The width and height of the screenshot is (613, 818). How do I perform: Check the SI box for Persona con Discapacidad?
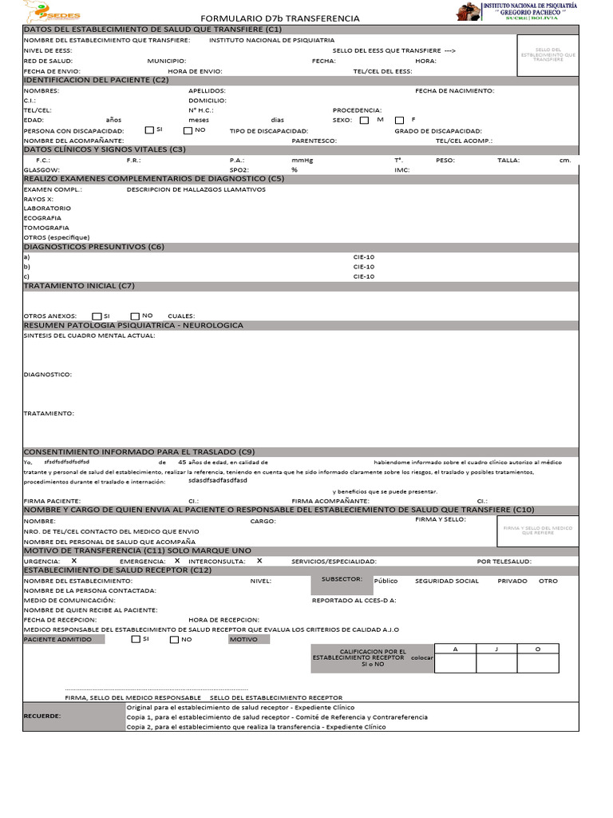(x=149, y=129)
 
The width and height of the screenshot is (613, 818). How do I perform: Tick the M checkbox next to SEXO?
(x=364, y=120)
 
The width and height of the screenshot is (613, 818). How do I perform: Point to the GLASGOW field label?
(x=41, y=170)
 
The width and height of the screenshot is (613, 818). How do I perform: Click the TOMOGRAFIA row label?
(x=46, y=228)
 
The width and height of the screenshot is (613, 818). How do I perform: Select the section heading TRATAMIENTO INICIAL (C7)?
(x=79, y=285)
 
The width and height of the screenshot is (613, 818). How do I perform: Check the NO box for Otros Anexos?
(x=135, y=316)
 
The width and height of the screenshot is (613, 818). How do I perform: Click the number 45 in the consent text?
(x=182, y=462)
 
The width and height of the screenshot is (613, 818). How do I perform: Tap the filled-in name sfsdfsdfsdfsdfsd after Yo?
(x=67, y=463)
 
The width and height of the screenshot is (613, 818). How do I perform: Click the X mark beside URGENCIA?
(x=73, y=561)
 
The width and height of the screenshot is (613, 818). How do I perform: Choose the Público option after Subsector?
(x=386, y=581)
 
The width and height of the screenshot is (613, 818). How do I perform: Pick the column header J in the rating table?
(x=496, y=649)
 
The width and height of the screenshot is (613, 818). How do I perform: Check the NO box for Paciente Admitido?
(x=174, y=639)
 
